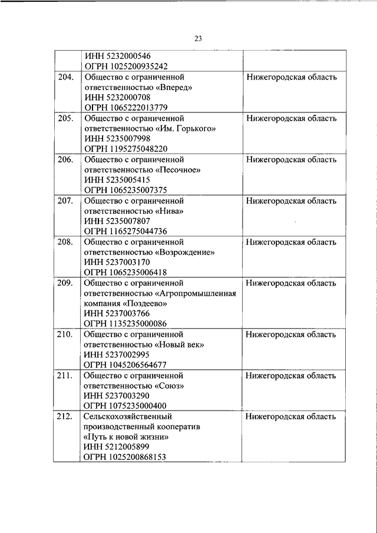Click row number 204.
tap(66, 78)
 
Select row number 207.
tap(66, 201)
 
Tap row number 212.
tap(66, 416)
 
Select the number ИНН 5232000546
tap(117, 57)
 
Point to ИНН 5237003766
tap(117, 314)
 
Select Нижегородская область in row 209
tap(292, 283)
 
